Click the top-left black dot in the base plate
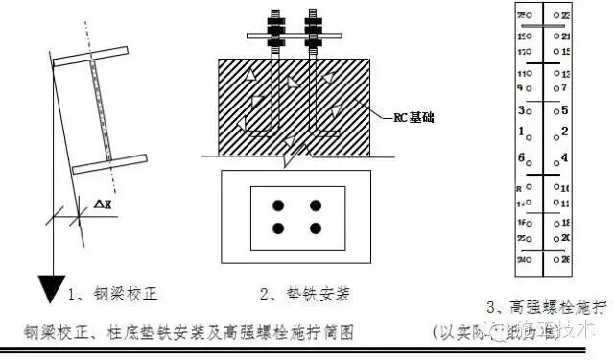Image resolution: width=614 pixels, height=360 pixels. (x=278, y=205)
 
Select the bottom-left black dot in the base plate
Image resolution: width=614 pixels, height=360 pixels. (x=278, y=228)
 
